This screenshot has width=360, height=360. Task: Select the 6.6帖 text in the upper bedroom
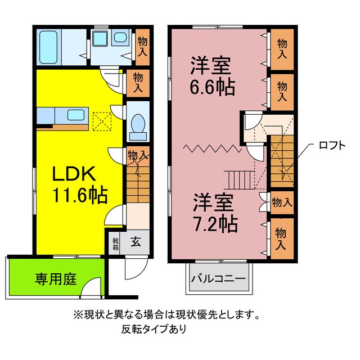click(x=212, y=88)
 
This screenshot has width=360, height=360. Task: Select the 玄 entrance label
click(x=136, y=243)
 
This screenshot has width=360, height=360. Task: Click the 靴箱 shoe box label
click(x=115, y=242)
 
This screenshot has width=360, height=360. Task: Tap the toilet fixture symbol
click(x=137, y=125)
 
